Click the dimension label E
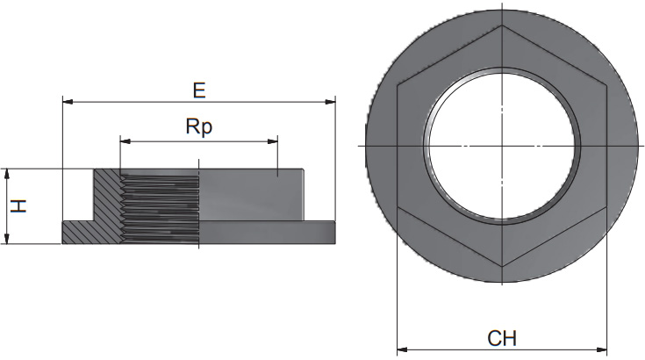199,90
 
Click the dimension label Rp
199,126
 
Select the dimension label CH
502,338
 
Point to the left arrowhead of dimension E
67,103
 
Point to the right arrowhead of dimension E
332,103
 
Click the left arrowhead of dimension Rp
124,140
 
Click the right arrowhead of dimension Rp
273,140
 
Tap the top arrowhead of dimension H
7,173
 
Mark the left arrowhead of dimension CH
402,348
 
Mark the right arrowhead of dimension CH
604,348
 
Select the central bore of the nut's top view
501,145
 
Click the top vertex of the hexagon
502,24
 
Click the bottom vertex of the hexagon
502,266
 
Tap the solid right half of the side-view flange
268,232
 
